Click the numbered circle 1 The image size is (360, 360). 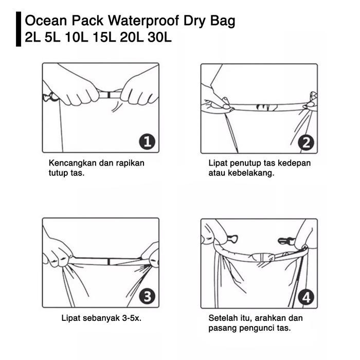147,142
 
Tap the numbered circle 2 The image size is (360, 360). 306,143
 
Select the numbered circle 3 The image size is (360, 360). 147,297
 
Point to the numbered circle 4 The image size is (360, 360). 306,298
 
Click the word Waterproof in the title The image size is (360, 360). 143,21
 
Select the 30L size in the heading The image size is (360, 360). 159,37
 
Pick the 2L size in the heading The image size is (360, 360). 32,37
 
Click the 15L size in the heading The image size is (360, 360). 104,37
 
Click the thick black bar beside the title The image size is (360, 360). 19,29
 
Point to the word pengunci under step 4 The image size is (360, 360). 257,328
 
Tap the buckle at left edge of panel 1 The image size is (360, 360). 50,97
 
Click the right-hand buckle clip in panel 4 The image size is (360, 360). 286,241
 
